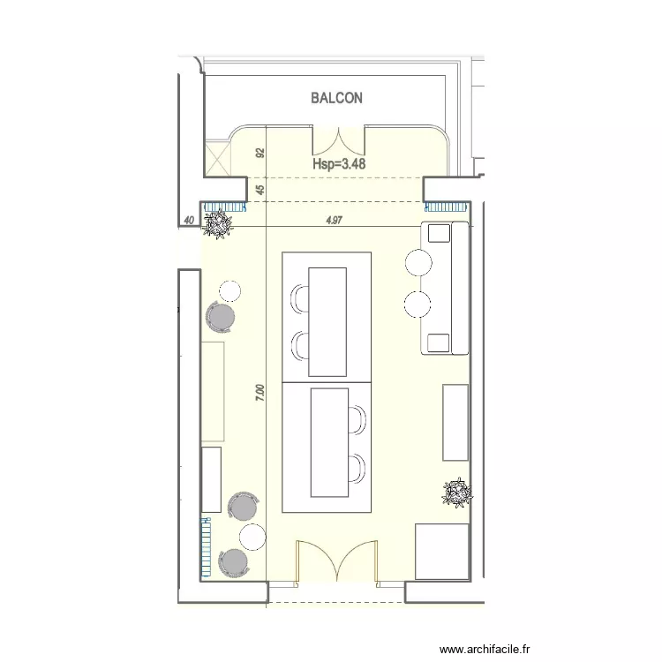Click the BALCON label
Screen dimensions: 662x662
tap(336, 98)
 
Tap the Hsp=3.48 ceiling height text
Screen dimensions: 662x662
tap(339, 163)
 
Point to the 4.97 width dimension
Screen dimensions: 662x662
tap(335, 221)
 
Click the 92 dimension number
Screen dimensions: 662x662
tap(260, 154)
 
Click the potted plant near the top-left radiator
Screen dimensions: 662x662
tap(218, 225)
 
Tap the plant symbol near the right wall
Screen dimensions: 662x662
tap(457, 493)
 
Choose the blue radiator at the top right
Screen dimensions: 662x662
tap(445, 207)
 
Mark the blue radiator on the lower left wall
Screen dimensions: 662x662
tap(207, 547)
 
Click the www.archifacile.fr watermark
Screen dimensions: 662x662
tap(485, 650)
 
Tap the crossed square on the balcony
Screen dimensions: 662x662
tap(216, 160)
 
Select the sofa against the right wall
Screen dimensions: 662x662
tap(447, 288)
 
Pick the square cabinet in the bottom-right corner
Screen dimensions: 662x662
tap(441, 551)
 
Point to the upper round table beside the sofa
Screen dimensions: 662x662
tap(418, 261)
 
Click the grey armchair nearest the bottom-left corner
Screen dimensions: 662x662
tap(232, 561)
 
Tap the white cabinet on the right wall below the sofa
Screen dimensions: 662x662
tap(455, 422)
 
